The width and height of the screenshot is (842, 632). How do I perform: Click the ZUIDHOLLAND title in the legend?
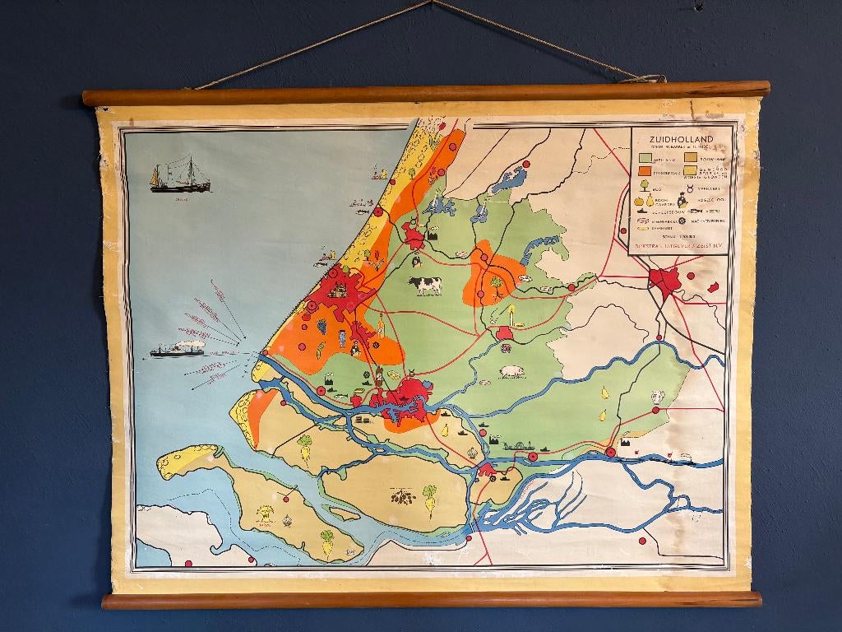click(680, 140)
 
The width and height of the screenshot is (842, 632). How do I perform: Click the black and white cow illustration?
click(425, 286)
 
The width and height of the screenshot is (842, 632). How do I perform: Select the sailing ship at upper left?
click(179, 176)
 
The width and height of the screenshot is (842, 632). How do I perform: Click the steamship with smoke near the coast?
click(177, 349)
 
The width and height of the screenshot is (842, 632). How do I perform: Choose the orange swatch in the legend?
click(647, 171)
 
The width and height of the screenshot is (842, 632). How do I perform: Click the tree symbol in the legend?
click(644, 186)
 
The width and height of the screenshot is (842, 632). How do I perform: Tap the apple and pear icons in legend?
click(645, 200)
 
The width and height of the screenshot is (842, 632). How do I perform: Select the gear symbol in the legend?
click(681, 221)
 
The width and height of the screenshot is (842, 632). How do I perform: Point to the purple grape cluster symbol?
click(322, 326)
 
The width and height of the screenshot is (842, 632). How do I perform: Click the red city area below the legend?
click(665, 282)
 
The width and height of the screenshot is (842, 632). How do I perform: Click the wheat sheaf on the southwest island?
click(266, 513)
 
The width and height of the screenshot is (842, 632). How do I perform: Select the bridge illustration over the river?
click(518, 447)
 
